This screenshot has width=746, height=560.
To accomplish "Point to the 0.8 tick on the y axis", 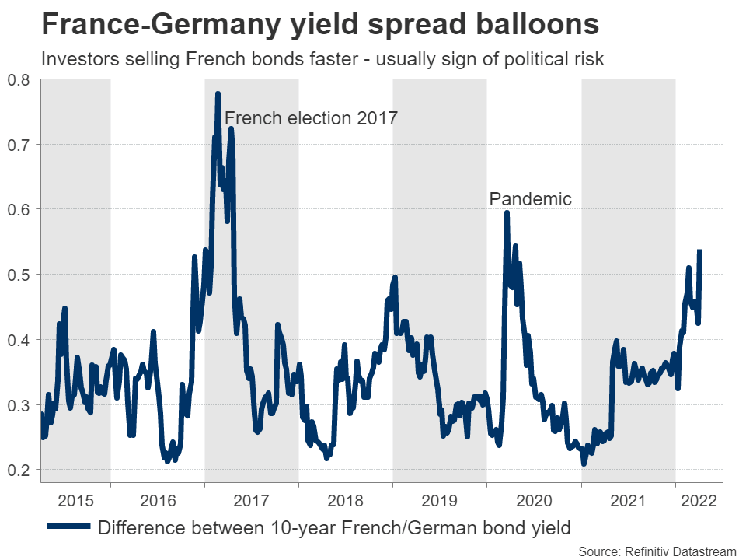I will [x=19, y=79].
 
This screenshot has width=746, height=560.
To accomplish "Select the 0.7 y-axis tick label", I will [x=19, y=145].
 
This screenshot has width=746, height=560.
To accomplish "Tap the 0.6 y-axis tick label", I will [x=19, y=210].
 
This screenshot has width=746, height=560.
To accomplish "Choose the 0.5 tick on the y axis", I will [x=19, y=275].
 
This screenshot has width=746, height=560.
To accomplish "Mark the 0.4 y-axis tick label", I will [x=19, y=340].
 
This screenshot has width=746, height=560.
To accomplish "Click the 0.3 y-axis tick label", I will [x=19, y=405].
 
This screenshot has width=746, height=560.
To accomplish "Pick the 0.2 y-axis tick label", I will [x=19, y=471].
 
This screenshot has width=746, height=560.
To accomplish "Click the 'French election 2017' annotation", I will [x=311, y=119].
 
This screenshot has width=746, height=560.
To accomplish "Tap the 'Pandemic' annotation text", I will [x=530, y=199].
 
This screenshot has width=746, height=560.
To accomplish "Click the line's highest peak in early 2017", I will [x=218, y=94].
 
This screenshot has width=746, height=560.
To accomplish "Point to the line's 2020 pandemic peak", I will [x=507, y=212].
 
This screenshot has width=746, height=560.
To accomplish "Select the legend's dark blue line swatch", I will [x=69, y=528].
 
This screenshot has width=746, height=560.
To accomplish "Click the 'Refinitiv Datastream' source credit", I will [x=678, y=551].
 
